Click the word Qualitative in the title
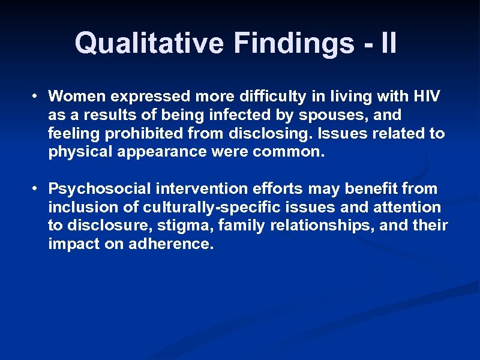pos(150,43)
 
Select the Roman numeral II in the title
pos(388,43)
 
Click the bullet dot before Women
pos(37,96)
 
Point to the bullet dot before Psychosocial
pos(37,189)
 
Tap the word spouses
pos(337,115)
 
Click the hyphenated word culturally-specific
pos(203,208)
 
